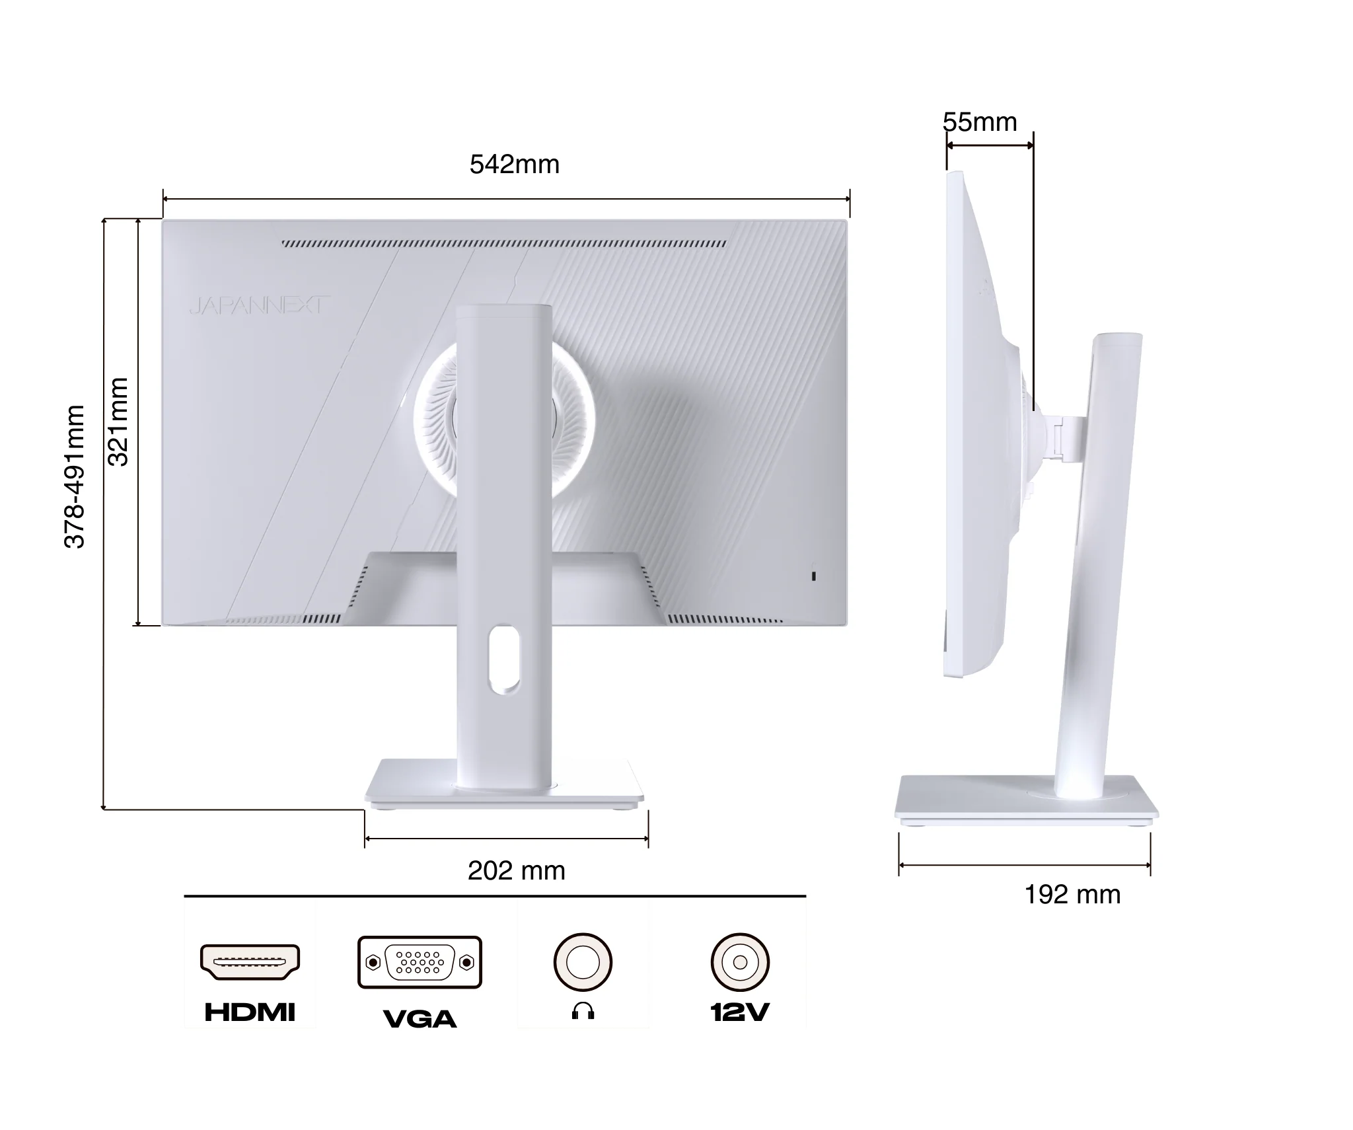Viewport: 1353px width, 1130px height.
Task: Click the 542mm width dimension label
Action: pos(515,165)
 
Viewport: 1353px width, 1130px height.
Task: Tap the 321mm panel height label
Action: pos(118,422)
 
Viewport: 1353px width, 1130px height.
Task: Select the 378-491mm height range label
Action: pos(75,476)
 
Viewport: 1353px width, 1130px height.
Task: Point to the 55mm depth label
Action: pos(980,122)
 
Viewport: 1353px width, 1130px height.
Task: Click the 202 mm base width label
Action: pos(517,871)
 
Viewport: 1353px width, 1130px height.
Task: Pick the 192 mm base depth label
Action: pos(1072,895)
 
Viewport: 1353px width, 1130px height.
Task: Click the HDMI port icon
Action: pos(250,962)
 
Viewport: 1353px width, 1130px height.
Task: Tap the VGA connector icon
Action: pos(420,962)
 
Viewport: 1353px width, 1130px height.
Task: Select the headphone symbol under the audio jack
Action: pos(583,1011)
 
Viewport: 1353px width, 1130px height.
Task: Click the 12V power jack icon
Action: pos(740,962)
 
